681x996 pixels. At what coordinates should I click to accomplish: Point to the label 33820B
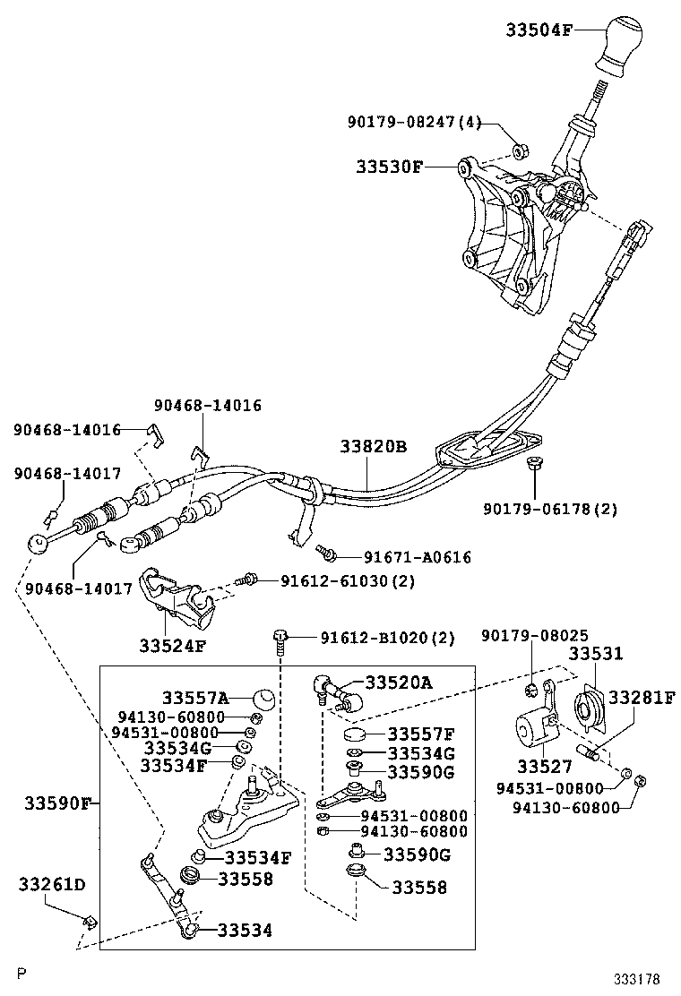coord(373,447)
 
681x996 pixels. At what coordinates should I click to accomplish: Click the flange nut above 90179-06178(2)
coord(533,464)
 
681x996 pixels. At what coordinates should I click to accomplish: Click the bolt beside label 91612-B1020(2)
coord(280,640)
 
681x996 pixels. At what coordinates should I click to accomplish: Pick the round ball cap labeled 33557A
coord(262,698)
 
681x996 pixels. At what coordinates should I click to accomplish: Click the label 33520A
coord(397,683)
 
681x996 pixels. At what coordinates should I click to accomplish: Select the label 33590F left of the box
coord(55,803)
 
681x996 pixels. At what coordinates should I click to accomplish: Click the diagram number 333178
coord(636,980)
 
